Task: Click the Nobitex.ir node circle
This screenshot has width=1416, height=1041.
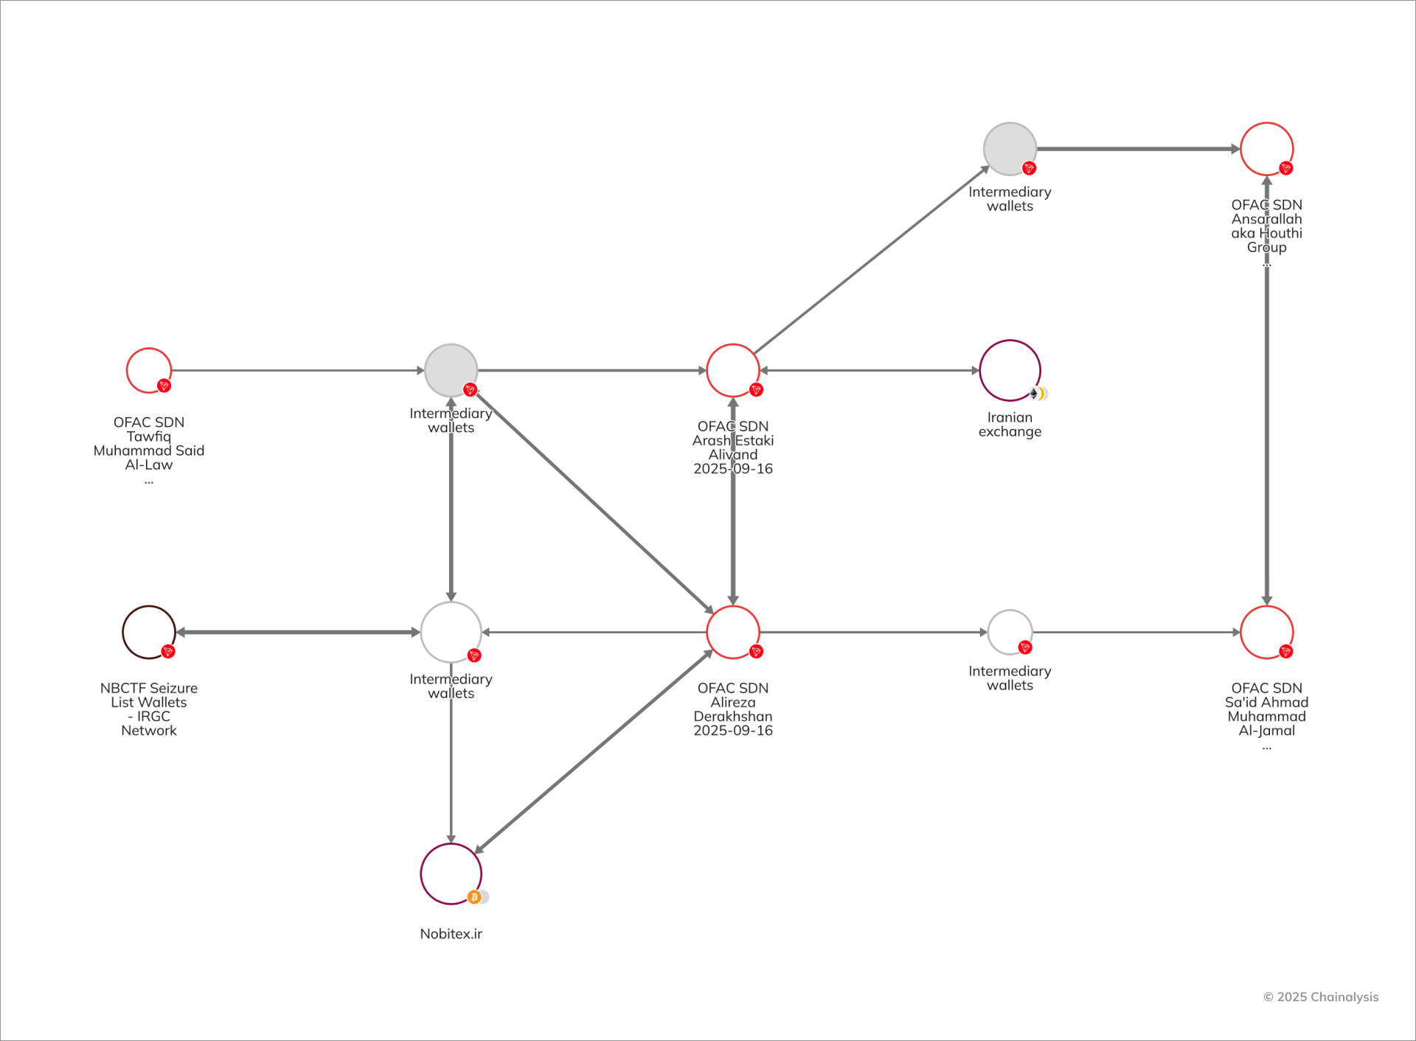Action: [451, 874]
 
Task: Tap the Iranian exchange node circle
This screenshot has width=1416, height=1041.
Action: [1010, 370]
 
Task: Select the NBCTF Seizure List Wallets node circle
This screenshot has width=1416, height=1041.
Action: [149, 632]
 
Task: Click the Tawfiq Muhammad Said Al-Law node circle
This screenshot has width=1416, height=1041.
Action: [149, 370]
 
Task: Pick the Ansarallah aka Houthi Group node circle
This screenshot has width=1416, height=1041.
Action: [1266, 149]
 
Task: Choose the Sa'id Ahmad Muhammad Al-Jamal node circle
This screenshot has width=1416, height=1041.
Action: [1266, 632]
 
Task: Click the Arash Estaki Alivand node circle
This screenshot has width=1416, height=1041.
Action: [733, 370]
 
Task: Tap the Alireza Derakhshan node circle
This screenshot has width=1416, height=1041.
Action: [733, 632]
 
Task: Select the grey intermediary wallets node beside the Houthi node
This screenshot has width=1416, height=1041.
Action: [1010, 149]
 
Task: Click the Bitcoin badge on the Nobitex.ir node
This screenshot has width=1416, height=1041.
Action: [474, 896]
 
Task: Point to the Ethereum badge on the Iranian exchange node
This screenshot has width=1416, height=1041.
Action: [1034, 394]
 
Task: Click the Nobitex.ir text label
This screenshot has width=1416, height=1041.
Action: [451, 933]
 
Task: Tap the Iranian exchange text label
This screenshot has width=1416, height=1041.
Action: [1010, 424]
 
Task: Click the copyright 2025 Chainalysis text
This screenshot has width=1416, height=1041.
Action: [1321, 997]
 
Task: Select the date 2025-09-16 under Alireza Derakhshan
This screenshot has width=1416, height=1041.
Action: [733, 730]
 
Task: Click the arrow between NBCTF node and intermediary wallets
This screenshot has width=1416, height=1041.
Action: [298, 632]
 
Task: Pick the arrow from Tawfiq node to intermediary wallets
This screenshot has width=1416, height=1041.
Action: [298, 370]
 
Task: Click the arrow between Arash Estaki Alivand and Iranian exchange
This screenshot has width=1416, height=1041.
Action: [870, 370]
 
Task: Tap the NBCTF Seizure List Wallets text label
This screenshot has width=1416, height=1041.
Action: [149, 708]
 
